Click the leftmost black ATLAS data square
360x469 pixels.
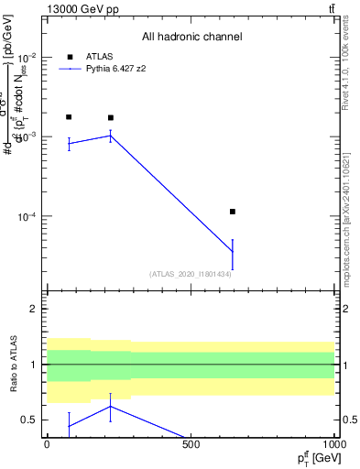click(x=69, y=117)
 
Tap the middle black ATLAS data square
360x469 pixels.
click(x=111, y=118)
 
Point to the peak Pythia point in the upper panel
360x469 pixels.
click(x=111, y=136)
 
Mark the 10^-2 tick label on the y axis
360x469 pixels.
click(x=27, y=57)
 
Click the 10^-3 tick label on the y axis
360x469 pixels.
click(x=27, y=136)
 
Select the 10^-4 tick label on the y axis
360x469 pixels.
click(x=27, y=217)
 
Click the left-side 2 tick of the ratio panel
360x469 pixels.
click(x=34, y=309)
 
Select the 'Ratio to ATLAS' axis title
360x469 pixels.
click(x=14, y=366)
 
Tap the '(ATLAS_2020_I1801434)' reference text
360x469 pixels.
click(x=190, y=274)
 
